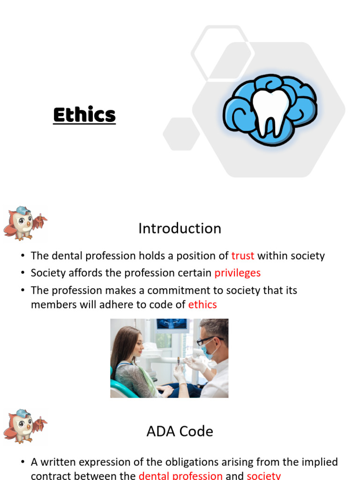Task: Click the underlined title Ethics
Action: [84, 115]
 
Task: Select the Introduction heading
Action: [180, 228]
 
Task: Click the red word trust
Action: [243, 256]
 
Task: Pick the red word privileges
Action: [237, 273]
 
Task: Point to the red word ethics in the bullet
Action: [202, 305]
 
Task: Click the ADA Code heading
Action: [180, 431]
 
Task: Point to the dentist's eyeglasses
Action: [207, 340]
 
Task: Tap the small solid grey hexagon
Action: [181, 134]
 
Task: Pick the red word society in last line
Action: [263, 475]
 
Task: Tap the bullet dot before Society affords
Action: [22, 273]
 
